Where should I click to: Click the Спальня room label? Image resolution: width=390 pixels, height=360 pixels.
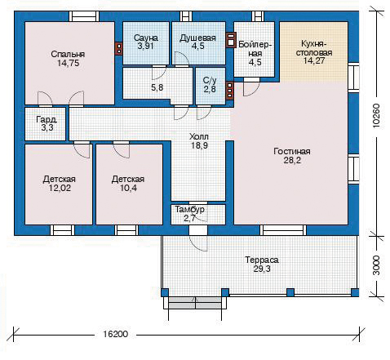[68, 54]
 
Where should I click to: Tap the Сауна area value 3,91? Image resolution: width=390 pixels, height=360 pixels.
[145, 47]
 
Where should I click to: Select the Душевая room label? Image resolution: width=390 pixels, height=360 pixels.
[197, 38]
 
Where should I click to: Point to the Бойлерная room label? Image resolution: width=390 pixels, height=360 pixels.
[255, 49]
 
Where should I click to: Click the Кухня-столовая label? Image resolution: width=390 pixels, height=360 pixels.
[314, 48]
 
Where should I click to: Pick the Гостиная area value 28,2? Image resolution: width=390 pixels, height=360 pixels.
[292, 160]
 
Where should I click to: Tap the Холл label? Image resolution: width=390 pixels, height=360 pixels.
[199, 136]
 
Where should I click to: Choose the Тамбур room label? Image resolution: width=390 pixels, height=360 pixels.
[189, 210]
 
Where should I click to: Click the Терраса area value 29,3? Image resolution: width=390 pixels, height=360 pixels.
[262, 269]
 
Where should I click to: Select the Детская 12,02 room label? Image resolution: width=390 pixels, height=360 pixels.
[60, 180]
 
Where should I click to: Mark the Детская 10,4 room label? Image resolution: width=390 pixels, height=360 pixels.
[128, 180]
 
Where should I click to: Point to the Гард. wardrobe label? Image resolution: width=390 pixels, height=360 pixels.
[47, 119]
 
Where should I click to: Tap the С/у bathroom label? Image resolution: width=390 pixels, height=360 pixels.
[210, 80]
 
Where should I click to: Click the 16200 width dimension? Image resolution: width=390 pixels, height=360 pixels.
[115, 334]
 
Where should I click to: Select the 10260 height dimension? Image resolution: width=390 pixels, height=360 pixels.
[376, 115]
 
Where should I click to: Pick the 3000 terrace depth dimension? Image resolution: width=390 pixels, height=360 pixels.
[376, 265]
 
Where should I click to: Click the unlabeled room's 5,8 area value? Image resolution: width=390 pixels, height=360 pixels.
[157, 87]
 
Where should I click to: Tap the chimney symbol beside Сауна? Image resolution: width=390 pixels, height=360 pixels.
[118, 49]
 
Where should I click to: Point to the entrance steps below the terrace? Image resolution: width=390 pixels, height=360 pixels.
[195, 303]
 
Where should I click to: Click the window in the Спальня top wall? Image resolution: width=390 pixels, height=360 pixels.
[84, 16]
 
